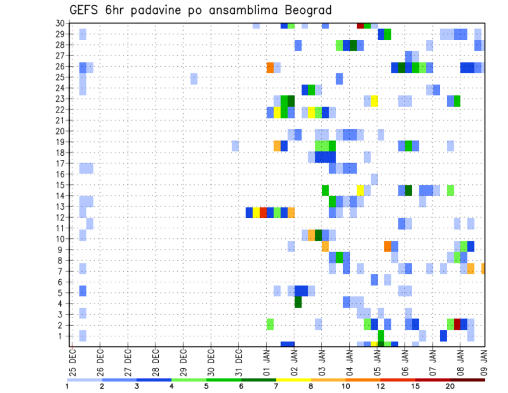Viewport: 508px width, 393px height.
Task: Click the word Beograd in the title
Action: pyautogui.click(x=305, y=10)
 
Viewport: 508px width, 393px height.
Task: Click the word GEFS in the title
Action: pyautogui.click(x=84, y=10)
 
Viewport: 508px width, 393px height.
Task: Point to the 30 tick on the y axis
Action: pyautogui.click(x=60, y=23)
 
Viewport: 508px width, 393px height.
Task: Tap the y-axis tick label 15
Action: pyautogui.click(x=60, y=185)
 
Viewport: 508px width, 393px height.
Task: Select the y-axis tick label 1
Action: pyautogui.click(x=62, y=336)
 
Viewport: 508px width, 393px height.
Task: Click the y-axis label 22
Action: pyautogui.click(x=60, y=110)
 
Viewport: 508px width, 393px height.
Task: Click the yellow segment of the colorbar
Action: pyautogui.click(x=294, y=380)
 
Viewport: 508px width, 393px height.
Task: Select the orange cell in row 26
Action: pyautogui.click(x=270, y=68)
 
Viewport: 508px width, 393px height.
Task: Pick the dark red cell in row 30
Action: pyautogui.click(x=360, y=25)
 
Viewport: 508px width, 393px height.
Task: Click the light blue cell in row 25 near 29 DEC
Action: pyautogui.click(x=194, y=78)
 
